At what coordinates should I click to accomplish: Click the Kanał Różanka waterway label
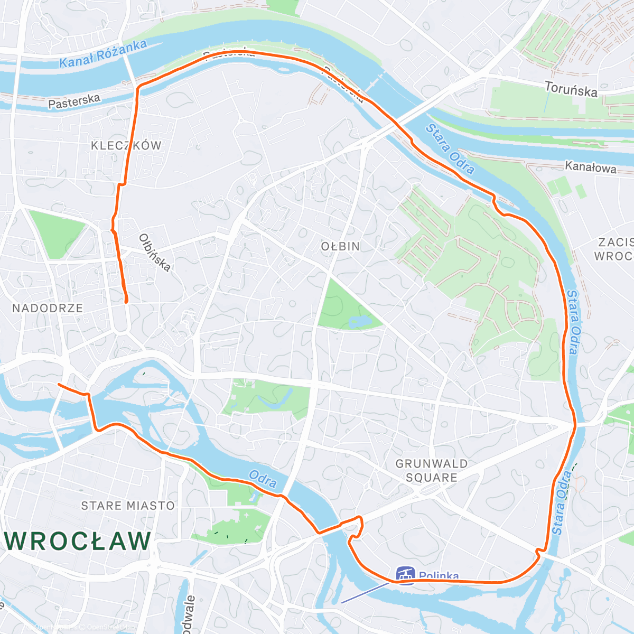point(102,54)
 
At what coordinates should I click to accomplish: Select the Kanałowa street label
point(590,167)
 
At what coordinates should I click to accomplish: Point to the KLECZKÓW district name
point(126,146)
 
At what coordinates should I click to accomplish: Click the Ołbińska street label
point(154,253)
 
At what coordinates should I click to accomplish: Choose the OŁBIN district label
point(340,247)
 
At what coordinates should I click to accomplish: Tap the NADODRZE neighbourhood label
point(48,308)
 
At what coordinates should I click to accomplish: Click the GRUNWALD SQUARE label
point(432,471)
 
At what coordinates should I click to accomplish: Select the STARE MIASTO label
point(127,506)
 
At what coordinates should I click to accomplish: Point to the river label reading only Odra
point(263,479)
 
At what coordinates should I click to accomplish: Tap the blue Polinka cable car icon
point(405,575)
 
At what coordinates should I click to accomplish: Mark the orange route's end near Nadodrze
point(126,302)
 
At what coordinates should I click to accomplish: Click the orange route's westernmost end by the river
point(58,385)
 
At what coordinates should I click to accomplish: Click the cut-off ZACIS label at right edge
point(616,243)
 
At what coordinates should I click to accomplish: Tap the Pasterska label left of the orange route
point(74,101)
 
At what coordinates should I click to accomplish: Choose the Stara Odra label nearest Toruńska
point(450,149)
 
